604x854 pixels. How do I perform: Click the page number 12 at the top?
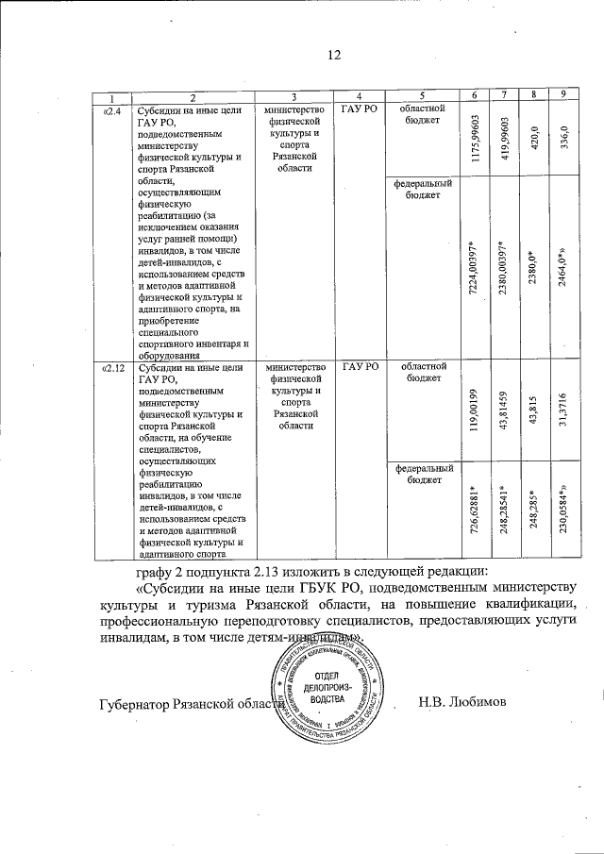332,56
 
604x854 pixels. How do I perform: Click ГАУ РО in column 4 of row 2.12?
360,368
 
